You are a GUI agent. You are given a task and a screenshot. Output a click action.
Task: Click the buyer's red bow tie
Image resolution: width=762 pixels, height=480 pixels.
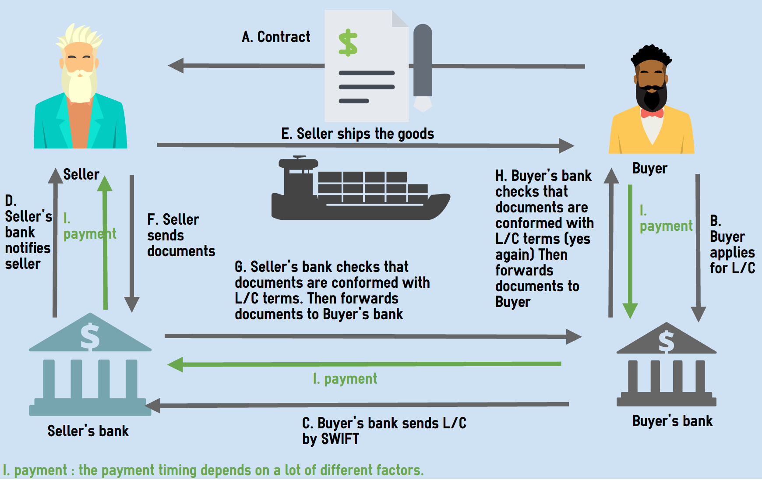[x=652, y=113]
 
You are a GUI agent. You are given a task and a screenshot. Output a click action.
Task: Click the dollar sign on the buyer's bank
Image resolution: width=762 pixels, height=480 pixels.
[x=667, y=342]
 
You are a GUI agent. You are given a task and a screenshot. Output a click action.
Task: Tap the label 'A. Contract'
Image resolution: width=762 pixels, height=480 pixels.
[x=276, y=37]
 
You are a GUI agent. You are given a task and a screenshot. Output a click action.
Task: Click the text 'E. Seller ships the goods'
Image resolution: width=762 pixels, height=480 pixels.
[x=357, y=134]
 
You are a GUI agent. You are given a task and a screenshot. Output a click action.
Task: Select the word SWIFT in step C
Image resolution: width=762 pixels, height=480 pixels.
[x=340, y=439]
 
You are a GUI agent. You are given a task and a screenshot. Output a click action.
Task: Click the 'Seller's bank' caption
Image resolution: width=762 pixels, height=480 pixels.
[x=88, y=431]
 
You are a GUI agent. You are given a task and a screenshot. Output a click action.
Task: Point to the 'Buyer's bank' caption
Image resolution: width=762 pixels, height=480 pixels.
[x=672, y=421]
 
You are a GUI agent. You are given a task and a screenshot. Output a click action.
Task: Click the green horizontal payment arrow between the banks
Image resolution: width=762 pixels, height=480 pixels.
[x=363, y=364]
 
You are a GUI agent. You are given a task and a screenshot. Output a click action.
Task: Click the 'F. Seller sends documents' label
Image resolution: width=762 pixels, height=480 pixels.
[x=181, y=235]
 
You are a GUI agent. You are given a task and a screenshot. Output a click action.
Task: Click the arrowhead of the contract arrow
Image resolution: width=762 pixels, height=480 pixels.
[x=176, y=66]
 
